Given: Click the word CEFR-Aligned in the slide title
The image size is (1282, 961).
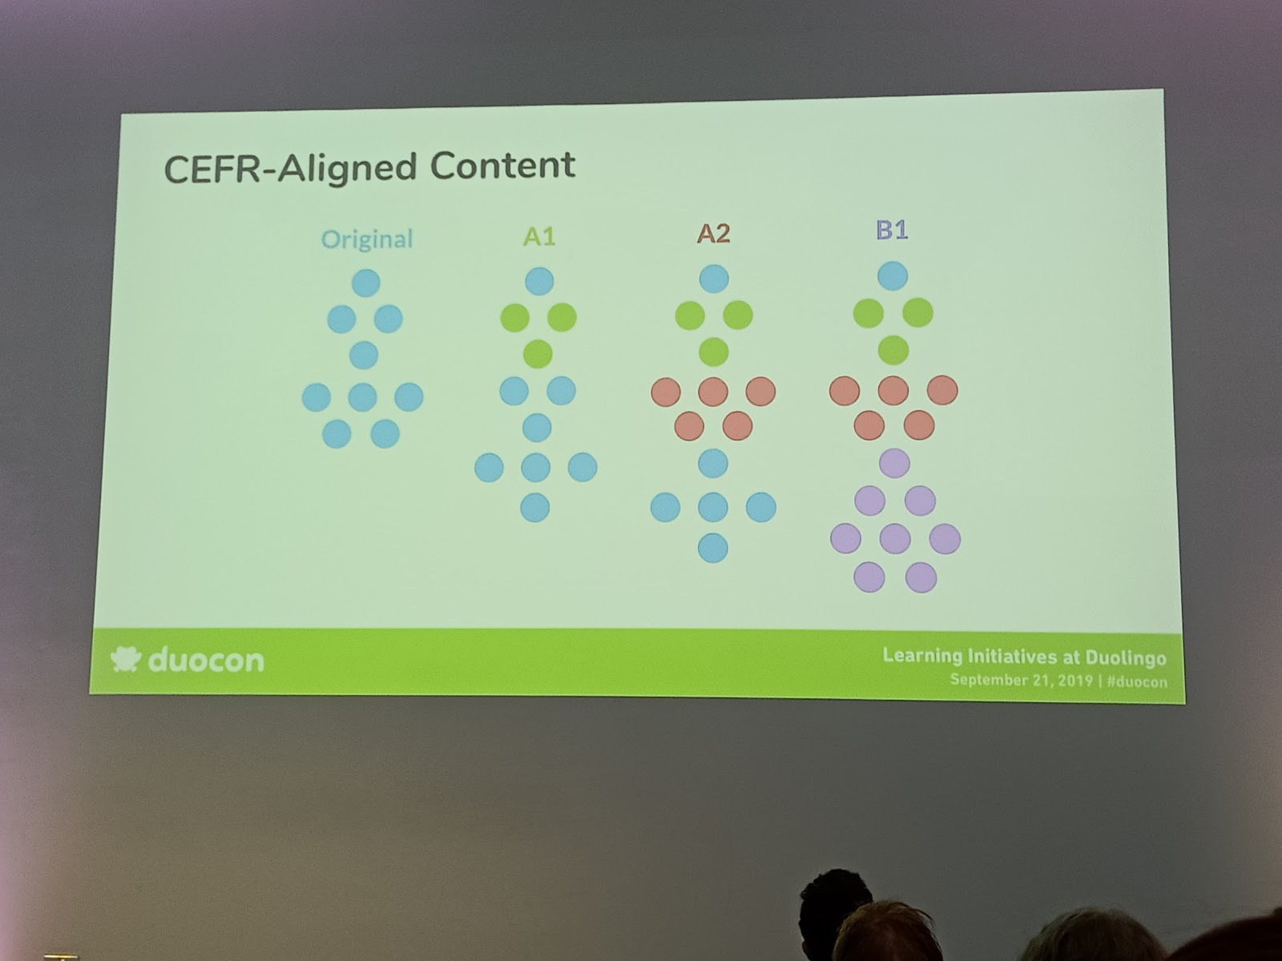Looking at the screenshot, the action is [290, 168].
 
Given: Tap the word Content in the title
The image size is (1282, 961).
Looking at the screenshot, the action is [503, 165].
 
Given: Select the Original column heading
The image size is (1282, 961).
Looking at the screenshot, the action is [367, 239].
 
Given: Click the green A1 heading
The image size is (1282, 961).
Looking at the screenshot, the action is [539, 236].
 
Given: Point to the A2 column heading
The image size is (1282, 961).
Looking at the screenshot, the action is [714, 233].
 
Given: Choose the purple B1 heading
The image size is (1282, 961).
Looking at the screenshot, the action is [892, 230].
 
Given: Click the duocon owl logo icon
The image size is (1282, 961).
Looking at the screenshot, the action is [126, 659].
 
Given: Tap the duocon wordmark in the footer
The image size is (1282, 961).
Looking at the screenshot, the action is [206, 661].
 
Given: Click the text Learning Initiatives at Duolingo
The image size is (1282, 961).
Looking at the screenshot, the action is [1024, 657].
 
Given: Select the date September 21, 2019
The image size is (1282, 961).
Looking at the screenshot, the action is [1021, 680].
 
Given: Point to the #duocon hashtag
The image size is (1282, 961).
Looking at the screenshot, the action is [1136, 682].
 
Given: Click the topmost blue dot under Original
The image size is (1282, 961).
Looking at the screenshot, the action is [366, 283].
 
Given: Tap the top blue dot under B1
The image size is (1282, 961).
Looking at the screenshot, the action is [893, 275].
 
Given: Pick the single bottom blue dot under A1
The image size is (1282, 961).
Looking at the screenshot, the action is [535, 507].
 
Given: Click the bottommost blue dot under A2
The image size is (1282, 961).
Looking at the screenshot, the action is [713, 548].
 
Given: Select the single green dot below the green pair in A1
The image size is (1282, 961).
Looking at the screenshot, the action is [538, 354].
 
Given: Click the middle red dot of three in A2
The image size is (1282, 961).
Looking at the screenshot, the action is [713, 391].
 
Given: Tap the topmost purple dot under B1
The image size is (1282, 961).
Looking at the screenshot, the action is [895, 464].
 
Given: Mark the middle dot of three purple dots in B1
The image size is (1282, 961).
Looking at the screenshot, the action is [895, 538].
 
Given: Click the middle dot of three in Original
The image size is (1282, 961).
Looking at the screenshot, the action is [363, 397].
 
